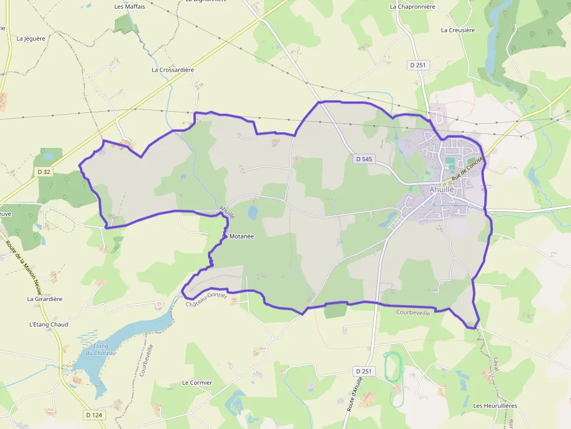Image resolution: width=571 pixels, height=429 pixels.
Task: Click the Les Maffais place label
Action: pyautogui.click(x=130, y=7)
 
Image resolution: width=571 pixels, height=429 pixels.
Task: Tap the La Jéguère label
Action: pyautogui.click(x=31, y=39)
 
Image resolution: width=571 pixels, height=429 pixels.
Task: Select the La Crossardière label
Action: pyautogui.click(x=172, y=70)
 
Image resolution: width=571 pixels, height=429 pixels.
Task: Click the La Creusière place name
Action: pyautogui.click(x=458, y=30)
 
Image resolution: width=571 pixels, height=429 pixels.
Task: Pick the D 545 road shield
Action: pyautogui.click(x=363, y=158)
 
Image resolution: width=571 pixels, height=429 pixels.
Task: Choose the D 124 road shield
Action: pyautogui.click(x=93, y=415)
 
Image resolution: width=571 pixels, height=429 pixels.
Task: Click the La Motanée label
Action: pyautogui.click(x=238, y=236)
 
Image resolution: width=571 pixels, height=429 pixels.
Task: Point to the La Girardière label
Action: pyautogui.click(x=45, y=299)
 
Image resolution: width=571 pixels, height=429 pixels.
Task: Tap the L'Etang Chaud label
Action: pyautogui.click(x=48, y=325)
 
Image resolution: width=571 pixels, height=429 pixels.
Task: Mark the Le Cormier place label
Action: pyautogui.click(x=197, y=383)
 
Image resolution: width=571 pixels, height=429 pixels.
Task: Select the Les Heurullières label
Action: pyautogui.click(x=495, y=406)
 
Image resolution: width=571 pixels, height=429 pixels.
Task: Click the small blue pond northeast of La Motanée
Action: pyautogui.click(x=253, y=212)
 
